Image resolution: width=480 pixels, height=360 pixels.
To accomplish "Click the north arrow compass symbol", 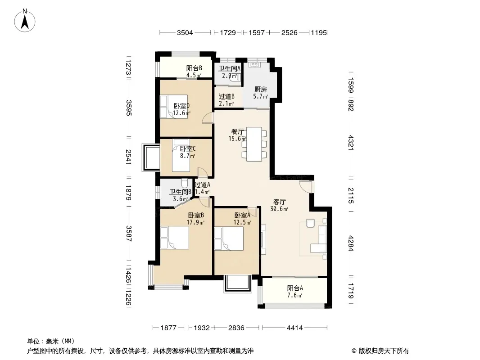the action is [x=25, y=21].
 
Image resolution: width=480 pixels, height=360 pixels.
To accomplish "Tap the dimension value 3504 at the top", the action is [x=185, y=32].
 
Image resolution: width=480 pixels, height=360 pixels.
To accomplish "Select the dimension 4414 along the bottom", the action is [x=294, y=328].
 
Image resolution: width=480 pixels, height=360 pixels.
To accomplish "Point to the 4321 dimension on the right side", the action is [x=351, y=143].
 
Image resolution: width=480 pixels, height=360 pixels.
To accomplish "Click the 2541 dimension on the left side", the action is [x=129, y=157].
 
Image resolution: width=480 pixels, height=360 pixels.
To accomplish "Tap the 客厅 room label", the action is [x=279, y=202].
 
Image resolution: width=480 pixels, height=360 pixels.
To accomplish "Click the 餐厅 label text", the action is [x=238, y=132].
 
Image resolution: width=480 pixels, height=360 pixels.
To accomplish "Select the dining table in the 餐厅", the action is [x=254, y=144].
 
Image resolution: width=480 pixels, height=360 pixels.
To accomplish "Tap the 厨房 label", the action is [x=261, y=89].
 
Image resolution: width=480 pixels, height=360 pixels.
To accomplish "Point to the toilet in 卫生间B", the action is [x=185, y=183].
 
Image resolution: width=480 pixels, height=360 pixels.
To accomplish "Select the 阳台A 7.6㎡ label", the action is [x=295, y=292].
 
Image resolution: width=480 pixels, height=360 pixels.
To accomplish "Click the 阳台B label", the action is [x=194, y=68].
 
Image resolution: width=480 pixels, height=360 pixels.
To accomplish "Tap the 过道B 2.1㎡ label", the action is [x=226, y=100].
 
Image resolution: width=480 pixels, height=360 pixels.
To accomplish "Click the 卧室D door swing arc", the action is [x=207, y=118].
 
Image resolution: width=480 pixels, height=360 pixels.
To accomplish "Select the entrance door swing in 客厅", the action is [x=305, y=187].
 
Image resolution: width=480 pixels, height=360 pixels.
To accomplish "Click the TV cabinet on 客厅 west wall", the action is [x=263, y=239].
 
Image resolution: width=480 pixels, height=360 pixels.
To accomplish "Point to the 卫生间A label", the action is [x=229, y=68].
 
